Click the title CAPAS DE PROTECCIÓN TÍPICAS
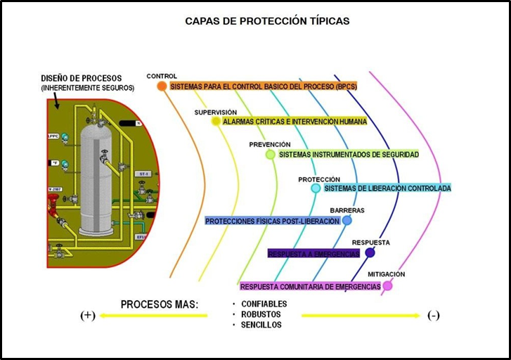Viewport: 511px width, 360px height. (x=267, y=21)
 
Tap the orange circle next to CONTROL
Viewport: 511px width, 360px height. (x=162, y=86)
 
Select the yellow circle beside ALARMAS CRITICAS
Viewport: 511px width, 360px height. (x=216, y=121)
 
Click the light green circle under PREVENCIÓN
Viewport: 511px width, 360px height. (x=271, y=154)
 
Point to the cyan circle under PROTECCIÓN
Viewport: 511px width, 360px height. (x=316, y=188)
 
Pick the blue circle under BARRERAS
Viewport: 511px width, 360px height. (x=347, y=220)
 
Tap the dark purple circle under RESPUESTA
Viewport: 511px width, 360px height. (x=370, y=253)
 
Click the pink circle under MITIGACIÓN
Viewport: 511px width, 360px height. (x=387, y=286)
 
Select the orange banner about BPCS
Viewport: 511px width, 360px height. (x=263, y=86)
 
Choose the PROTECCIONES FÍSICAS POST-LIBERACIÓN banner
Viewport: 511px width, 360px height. (x=273, y=221)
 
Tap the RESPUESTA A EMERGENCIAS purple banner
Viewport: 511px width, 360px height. (x=313, y=253)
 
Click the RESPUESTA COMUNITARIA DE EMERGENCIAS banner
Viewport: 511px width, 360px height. (x=310, y=286)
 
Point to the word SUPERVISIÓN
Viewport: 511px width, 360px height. (x=215, y=112)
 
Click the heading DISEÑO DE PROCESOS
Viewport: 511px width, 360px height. (x=81, y=78)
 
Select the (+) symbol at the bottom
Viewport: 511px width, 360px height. (x=87, y=315)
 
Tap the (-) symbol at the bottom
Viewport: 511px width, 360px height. (x=434, y=315)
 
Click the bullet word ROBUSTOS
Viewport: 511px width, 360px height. (x=261, y=314)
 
